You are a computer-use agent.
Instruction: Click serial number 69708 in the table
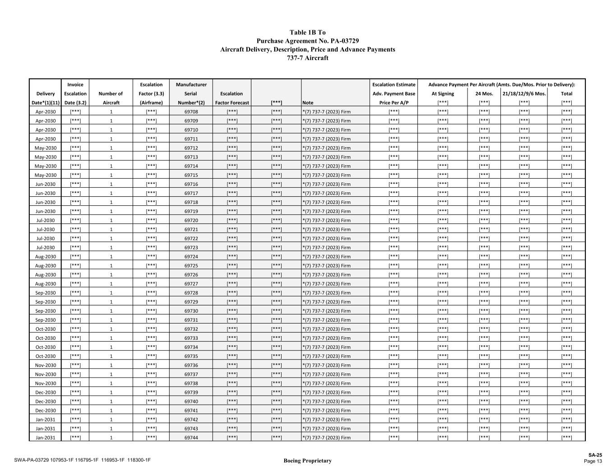191,112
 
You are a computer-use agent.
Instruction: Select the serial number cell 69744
191,438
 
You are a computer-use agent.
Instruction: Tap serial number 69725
191,266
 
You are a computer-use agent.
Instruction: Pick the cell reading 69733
191,338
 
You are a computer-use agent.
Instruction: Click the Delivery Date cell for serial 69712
46,148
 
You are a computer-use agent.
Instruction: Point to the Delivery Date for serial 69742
46,420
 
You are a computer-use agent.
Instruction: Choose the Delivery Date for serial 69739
46,393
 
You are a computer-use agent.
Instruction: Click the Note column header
308,103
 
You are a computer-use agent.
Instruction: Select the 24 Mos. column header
484,94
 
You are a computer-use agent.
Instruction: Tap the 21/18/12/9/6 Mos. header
524,94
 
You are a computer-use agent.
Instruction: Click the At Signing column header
443,94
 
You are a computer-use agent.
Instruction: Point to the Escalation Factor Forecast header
232,98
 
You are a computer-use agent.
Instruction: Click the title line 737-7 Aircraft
308,58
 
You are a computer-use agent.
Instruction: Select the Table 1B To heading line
308,32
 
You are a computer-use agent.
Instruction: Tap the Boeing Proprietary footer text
307,461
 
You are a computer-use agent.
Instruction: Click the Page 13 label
593,461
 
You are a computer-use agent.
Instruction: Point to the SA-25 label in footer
595,455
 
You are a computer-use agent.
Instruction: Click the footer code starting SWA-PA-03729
82,460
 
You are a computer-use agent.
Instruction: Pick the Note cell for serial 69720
326,221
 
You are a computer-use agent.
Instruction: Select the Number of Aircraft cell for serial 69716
111,184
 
